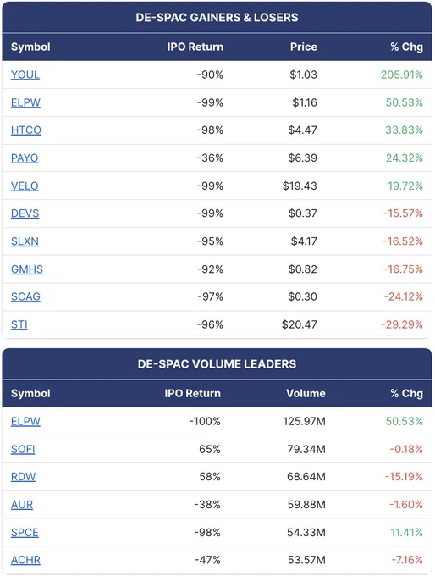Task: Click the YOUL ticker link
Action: pos(25,75)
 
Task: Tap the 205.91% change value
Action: pos(402,75)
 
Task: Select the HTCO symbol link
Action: pos(26,130)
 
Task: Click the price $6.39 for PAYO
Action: pos(302,158)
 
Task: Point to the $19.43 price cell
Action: pos(300,186)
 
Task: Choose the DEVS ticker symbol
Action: pos(25,213)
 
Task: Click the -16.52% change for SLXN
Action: pos(403,241)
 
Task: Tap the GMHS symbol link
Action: pos(27,269)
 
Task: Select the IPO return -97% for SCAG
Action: pos(210,296)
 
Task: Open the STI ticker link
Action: pos(19,324)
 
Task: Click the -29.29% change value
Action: pos(402,324)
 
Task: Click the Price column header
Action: pos(304,47)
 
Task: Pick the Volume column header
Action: pos(306,393)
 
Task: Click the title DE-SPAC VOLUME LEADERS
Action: pos(217,363)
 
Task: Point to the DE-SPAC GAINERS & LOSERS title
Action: pos(217,17)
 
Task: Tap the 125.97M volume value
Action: pos(305,421)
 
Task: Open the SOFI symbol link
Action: pos(23,449)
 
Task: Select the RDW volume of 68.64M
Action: pos(306,476)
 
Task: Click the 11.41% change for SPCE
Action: pos(406,532)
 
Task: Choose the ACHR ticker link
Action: pos(25,560)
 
